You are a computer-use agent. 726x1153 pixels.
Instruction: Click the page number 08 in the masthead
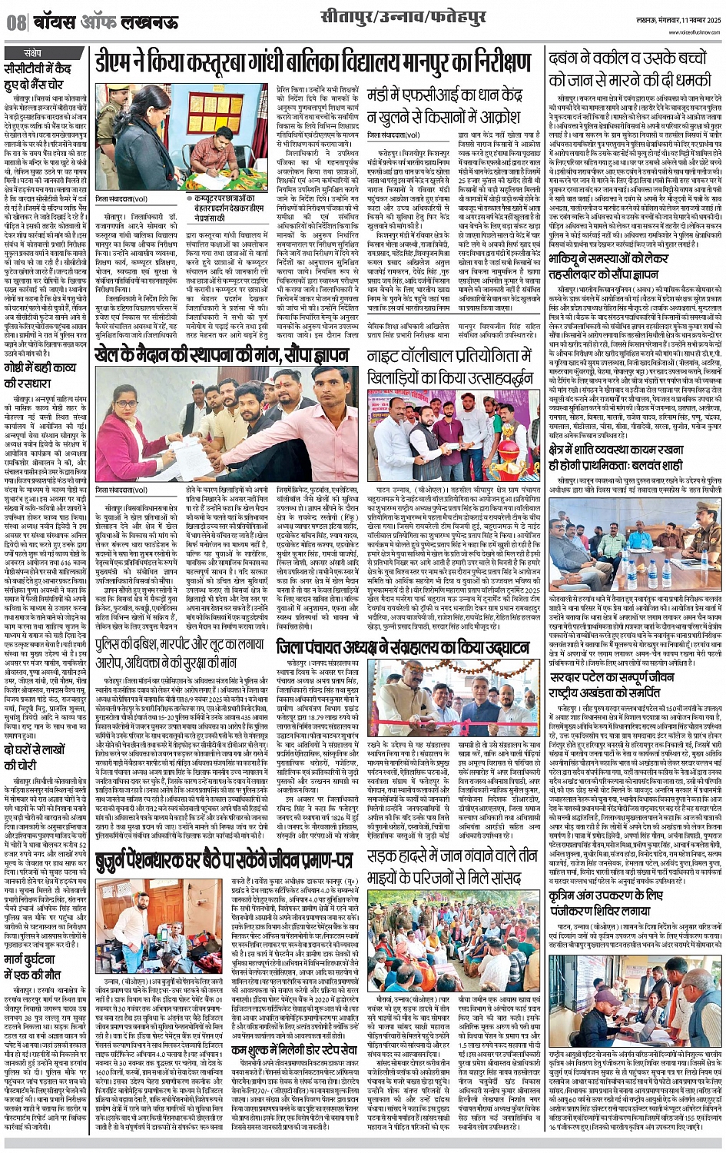click(16, 23)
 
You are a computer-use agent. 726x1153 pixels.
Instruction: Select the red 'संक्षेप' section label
click(31, 52)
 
